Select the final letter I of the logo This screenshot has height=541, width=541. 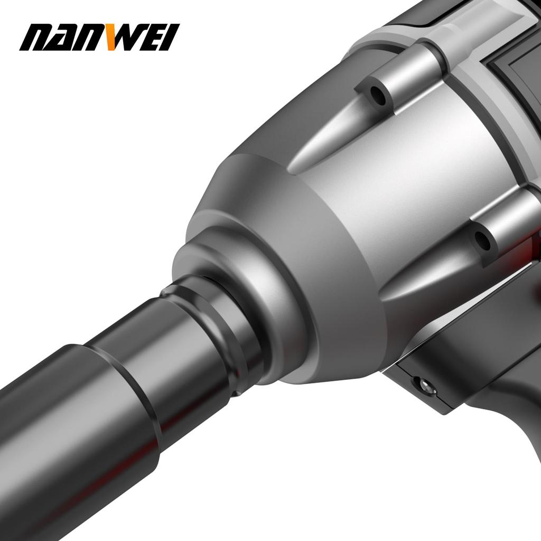click(x=170, y=38)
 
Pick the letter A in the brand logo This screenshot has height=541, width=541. click(x=64, y=38)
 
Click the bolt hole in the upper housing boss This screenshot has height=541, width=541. click(x=378, y=95)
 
